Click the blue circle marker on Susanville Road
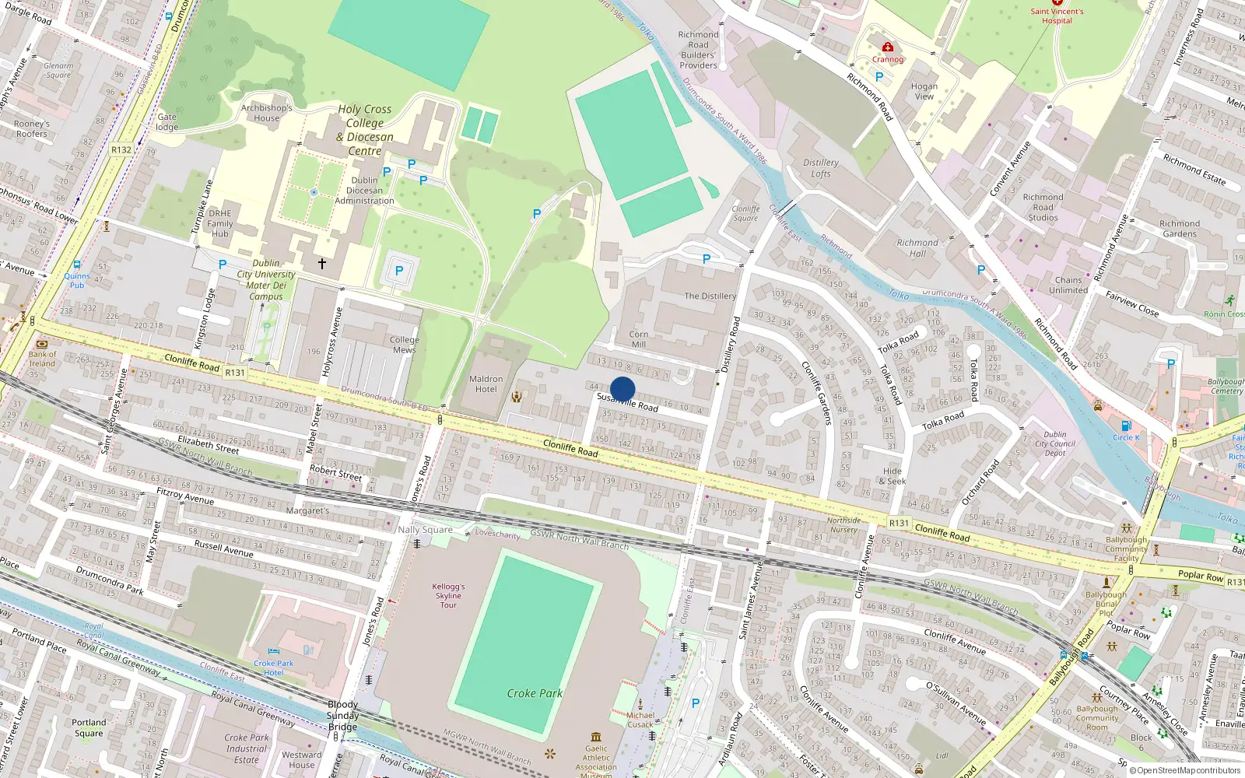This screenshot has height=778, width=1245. pyautogui.click(x=622, y=389)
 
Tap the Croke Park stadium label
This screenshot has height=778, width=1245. pyautogui.click(x=535, y=693)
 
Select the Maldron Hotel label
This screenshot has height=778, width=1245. pyautogui.click(x=486, y=384)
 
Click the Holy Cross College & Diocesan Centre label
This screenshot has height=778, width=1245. pyautogui.click(x=365, y=130)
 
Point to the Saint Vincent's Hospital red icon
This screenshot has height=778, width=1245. pyautogui.click(x=1057, y=3)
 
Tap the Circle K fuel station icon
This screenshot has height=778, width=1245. pyautogui.click(x=1125, y=426)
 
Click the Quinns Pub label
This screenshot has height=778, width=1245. pyautogui.click(x=76, y=280)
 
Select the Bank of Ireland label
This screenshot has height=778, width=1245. pyautogui.click(x=42, y=359)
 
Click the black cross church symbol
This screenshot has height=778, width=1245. pyautogui.click(x=321, y=264)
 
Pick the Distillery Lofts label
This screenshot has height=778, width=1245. pyautogui.click(x=821, y=168)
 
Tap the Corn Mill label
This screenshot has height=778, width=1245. pyautogui.click(x=638, y=339)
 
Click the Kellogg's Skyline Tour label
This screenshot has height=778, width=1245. pyautogui.click(x=449, y=596)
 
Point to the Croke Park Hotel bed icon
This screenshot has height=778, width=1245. pyautogui.click(x=273, y=651)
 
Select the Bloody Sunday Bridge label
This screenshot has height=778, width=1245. pyautogui.click(x=343, y=716)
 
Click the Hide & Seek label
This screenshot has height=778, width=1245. pyautogui.click(x=893, y=476)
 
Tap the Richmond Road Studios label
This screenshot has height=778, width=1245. pyautogui.click(x=1043, y=208)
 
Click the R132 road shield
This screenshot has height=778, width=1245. pyautogui.click(x=121, y=150)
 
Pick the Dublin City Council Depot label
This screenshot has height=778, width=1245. pyautogui.click(x=1055, y=443)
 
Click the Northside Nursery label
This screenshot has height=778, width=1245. pyautogui.click(x=843, y=525)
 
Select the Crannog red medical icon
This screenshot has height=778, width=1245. pyautogui.click(x=887, y=47)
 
